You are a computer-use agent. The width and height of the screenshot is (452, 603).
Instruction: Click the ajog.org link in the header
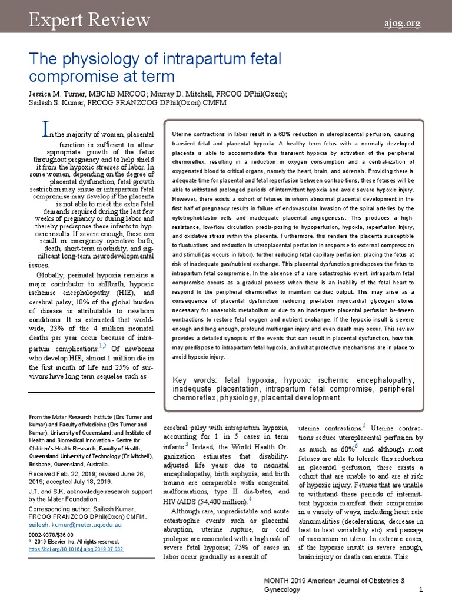403,24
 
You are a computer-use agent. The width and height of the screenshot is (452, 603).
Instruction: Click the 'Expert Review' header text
89,21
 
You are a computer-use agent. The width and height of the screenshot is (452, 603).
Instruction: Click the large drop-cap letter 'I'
42,128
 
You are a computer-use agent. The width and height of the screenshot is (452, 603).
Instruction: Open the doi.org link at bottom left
76,549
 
